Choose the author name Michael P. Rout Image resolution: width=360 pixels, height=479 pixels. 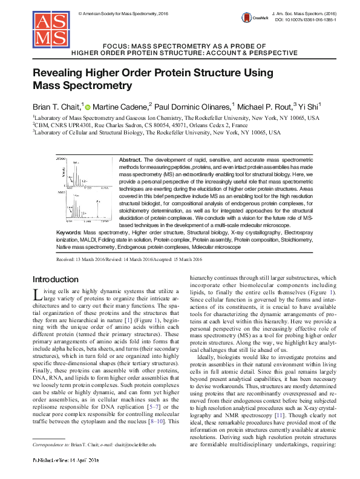pos(264,106)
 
